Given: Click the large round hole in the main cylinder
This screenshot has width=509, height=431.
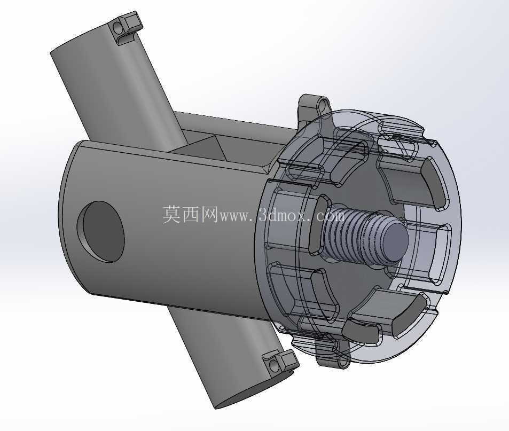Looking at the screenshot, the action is click(x=100, y=231).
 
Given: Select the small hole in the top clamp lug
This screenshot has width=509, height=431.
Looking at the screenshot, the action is click(x=117, y=28).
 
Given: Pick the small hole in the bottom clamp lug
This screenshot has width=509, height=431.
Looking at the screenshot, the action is click(x=275, y=366).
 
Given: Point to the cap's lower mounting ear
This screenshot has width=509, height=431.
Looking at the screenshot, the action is click(x=333, y=354).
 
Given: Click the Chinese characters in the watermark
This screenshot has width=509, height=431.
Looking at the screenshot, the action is click(x=190, y=214).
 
